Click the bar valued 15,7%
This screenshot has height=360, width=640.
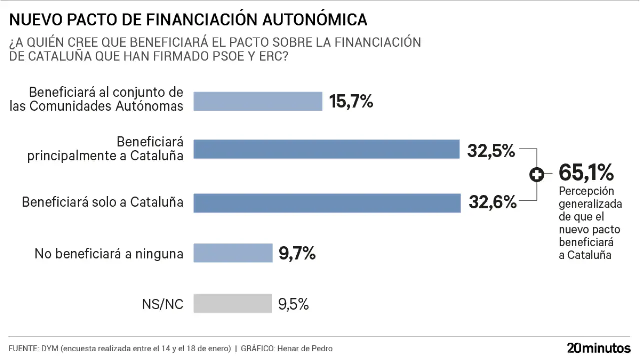(258, 101)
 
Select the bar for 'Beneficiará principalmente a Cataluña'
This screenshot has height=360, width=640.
(326, 149)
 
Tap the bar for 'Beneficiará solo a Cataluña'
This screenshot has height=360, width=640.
(327, 203)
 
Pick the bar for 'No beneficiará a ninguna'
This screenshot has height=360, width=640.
(232, 253)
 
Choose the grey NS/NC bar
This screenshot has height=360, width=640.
(232, 303)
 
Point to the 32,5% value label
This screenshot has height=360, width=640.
(491, 150)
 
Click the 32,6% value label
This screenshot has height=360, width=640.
(492, 202)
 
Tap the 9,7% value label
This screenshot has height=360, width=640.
(297, 253)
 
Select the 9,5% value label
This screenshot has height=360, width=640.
(293, 304)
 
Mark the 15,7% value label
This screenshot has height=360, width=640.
(351, 102)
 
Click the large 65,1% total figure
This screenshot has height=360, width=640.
(586, 173)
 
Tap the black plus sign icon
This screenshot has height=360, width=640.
(537, 175)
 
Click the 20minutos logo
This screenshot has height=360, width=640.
(599, 348)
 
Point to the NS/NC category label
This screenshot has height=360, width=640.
(164, 304)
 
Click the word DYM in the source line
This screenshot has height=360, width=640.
(50, 348)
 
